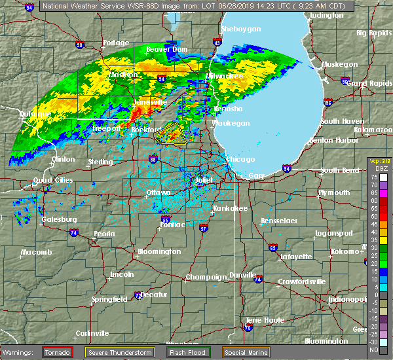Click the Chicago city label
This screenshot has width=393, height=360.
[x=236, y=159]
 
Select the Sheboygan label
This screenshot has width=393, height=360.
[x=241, y=29]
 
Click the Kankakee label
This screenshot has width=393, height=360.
[x=230, y=208]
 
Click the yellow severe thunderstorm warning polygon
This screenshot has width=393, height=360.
[x=171, y=134]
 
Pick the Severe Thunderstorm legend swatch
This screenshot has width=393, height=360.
[x=120, y=352]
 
